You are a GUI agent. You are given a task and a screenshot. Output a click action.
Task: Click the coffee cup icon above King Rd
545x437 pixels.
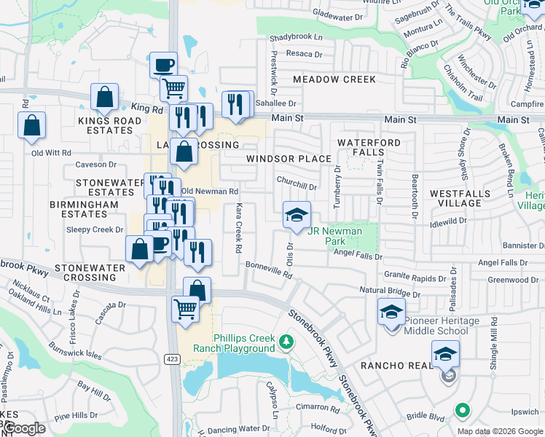164,65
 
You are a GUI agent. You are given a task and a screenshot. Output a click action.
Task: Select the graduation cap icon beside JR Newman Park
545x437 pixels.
297,215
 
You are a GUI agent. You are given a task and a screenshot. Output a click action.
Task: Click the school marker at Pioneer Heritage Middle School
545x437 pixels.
391,312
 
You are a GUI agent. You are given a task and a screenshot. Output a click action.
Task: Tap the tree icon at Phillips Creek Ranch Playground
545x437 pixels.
287,342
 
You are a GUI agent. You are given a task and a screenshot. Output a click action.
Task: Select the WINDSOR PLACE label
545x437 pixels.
289,159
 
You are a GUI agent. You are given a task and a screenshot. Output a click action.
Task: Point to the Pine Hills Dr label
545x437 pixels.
75,415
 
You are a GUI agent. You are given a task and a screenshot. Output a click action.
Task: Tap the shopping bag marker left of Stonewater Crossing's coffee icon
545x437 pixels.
140,250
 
